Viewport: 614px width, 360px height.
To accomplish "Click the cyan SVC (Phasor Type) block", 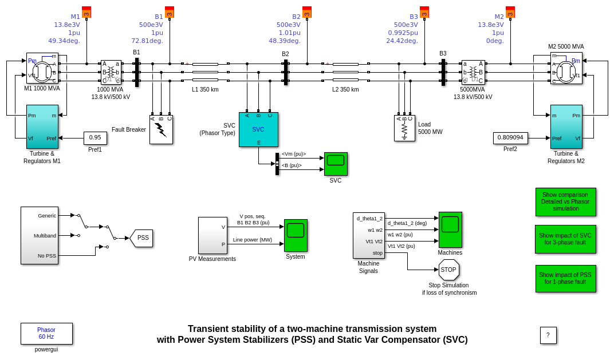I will pyautogui.click(x=258, y=129).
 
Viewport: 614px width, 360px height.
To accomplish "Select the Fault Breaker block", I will pyautogui.click(x=161, y=129).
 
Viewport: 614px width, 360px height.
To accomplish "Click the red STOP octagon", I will pyautogui.click(x=448, y=270).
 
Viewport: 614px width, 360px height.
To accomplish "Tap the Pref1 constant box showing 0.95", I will pyautogui.click(x=95, y=138).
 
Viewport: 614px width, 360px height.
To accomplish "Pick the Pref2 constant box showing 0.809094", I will pyautogui.click(x=510, y=138).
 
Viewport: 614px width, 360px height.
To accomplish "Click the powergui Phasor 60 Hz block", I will pyautogui.click(x=46, y=334).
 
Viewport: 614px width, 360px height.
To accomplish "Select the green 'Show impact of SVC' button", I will pyautogui.click(x=565, y=239).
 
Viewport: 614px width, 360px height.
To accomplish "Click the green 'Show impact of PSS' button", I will pyautogui.click(x=565, y=279).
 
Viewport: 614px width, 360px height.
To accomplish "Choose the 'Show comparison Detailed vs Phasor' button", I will pyautogui.click(x=565, y=201).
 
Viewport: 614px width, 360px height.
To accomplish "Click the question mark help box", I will pyautogui.click(x=548, y=335).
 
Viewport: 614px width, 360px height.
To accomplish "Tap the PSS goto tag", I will pyautogui.click(x=142, y=238).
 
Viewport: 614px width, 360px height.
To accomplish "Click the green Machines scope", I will pyautogui.click(x=450, y=230).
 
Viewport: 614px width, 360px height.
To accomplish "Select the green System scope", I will pyautogui.click(x=296, y=235).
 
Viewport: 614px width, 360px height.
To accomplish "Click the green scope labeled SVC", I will pyautogui.click(x=336, y=164).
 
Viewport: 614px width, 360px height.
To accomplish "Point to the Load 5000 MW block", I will pyautogui.click(x=404, y=128).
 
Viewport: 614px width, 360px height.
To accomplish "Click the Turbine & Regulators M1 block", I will pyautogui.click(x=42, y=126).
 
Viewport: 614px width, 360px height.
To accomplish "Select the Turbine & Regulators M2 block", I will pyautogui.click(x=566, y=126).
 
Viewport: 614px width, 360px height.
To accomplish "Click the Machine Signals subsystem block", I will pyautogui.click(x=368, y=235).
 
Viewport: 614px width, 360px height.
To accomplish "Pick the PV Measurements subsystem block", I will pyautogui.click(x=212, y=235).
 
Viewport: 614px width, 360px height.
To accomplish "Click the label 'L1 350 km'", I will pyautogui.click(x=205, y=90).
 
